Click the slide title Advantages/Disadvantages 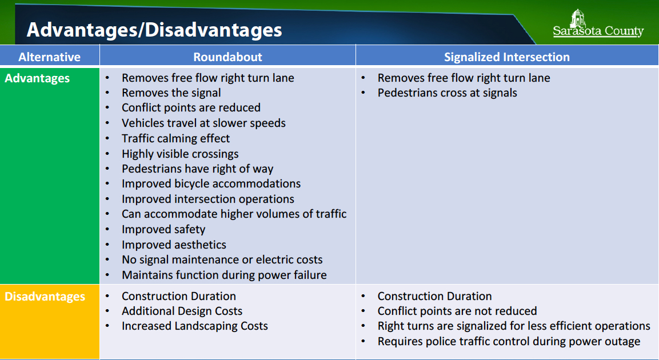point(154,30)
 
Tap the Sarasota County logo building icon point(578,18)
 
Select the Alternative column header point(49,57)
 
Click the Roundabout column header point(227,57)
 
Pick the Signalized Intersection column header point(507,57)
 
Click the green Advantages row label point(37,78)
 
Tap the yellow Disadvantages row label point(45,297)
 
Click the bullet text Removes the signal point(171,93)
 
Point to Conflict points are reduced point(191,108)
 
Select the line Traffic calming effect point(175,138)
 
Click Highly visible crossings point(180,154)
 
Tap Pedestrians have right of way point(198,169)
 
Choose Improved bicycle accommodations point(211,184)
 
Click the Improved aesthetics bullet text point(174,245)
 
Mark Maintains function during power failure point(224,275)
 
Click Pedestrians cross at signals point(447,93)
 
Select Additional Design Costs point(182,311)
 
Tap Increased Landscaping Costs point(194,326)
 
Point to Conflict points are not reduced point(457,311)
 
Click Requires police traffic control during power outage point(509,342)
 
